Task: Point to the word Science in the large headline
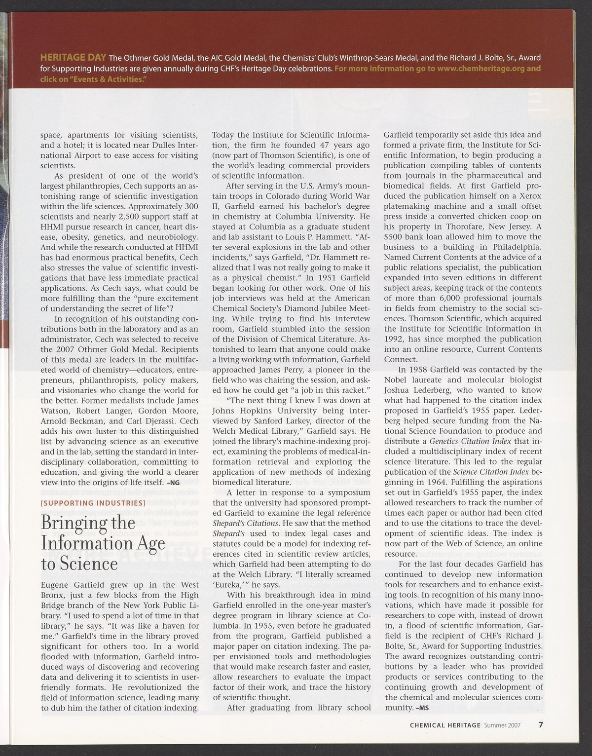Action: pos(87,563)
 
